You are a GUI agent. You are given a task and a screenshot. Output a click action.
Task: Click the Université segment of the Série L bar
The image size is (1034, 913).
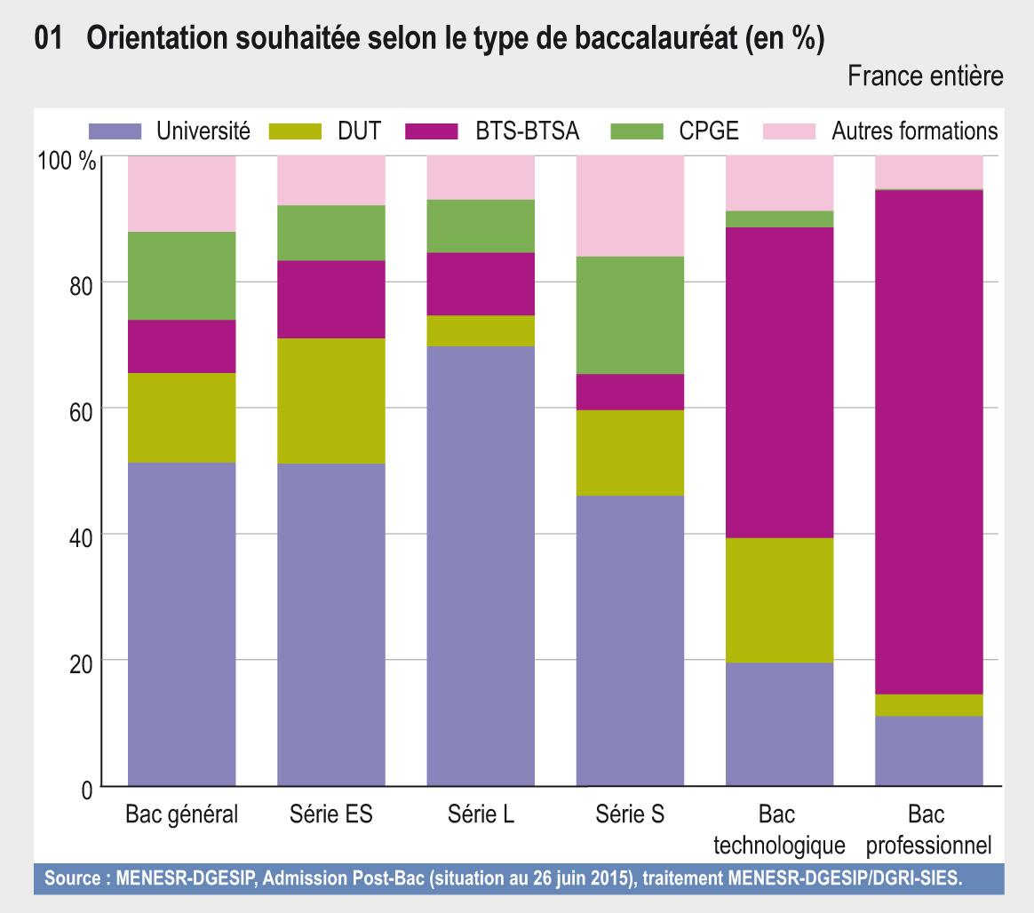coord(481,566)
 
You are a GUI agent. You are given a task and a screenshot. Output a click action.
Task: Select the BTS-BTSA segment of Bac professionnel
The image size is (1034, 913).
coord(929,441)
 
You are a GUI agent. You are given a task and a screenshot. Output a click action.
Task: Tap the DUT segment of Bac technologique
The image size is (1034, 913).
coord(780,599)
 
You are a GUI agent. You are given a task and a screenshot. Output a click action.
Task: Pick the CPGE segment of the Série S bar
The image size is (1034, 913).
coord(630,314)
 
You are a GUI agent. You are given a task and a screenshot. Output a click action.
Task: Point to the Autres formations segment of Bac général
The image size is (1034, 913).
coord(182,194)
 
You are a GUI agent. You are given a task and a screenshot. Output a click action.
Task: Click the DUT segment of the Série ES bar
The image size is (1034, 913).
coord(331,401)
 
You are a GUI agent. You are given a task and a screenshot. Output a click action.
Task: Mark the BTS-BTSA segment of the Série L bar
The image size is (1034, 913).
coord(481,283)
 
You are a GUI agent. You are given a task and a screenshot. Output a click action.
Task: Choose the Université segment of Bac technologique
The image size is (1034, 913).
coord(780,724)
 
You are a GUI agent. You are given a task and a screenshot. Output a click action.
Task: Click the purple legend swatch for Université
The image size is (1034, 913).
coord(115,132)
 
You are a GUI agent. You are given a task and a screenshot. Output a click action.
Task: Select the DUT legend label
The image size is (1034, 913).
coord(359,132)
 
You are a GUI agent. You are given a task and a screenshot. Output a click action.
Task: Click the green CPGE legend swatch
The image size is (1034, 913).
coord(638,132)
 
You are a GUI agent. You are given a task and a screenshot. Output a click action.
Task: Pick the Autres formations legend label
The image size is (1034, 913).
coord(915,132)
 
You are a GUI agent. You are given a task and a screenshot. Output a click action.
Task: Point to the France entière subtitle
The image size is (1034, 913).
coord(926,77)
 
